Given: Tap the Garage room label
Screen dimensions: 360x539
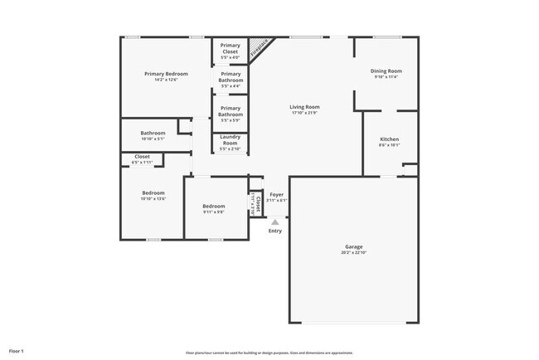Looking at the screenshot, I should tap(353, 246).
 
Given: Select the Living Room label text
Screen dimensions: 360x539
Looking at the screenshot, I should tap(304, 107).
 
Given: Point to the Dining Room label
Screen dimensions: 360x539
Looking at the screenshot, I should tap(386, 71).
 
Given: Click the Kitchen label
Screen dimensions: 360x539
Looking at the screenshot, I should tap(390, 139).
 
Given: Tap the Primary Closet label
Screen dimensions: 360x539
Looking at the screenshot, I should tap(230, 48).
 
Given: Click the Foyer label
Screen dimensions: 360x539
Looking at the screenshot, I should tap(276, 194).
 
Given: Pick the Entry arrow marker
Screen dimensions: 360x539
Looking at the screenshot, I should tap(274, 221).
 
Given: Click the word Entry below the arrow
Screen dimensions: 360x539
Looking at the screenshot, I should tap(274, 231).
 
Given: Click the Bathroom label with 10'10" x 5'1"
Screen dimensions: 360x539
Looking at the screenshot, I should tap(153, 134).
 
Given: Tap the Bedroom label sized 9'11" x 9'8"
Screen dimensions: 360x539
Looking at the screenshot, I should tap(214, 207).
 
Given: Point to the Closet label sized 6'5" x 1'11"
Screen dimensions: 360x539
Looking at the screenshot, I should tap(142, 157).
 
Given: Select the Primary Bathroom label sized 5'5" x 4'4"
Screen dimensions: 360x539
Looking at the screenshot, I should tap(230, 77).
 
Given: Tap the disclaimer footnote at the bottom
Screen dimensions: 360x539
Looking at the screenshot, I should tap(269, 351).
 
